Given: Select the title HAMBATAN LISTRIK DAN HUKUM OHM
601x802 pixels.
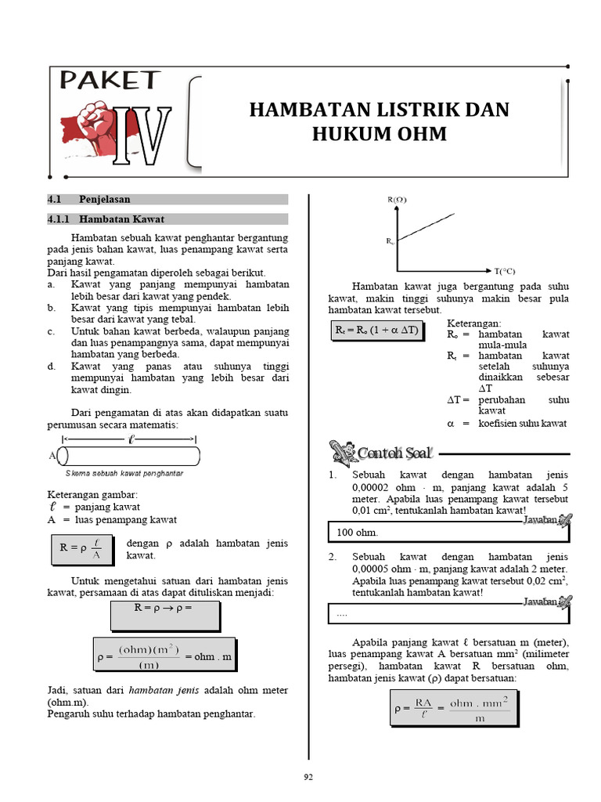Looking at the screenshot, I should pos(380,121).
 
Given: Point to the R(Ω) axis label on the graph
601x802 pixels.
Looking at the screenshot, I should pos(397,200).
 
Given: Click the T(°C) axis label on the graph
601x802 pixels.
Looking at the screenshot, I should pos(505,271).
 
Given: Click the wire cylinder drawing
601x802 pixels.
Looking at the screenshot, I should pos(128,456).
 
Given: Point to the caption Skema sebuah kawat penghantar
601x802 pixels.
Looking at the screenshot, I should pos(124,474).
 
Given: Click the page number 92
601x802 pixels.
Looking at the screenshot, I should pos(308,776).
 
